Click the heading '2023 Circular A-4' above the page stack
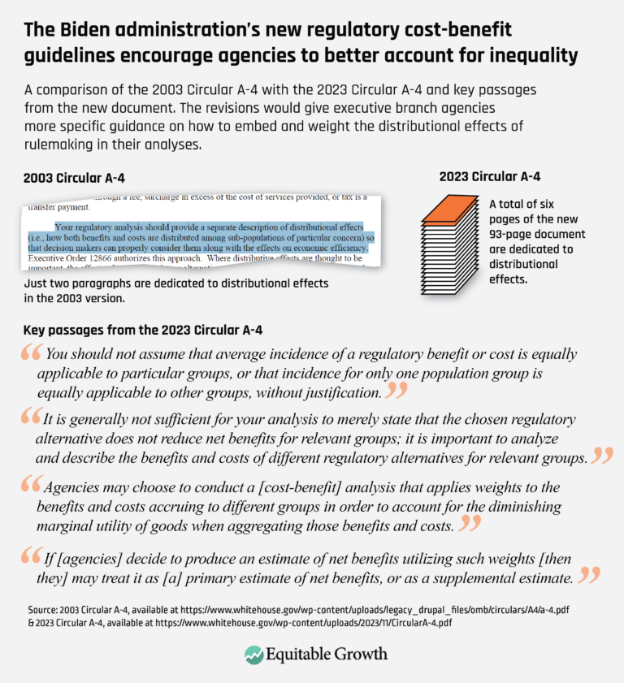(x=491, y=176)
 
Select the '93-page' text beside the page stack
(x=513, y=233)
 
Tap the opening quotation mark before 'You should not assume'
(x=33, y=355)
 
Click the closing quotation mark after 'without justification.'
(x=396, y=392)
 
